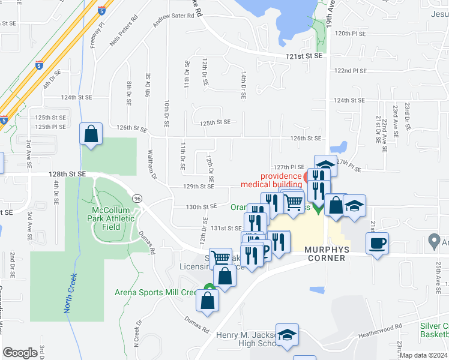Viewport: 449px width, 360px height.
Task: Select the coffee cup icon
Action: click(377, 244)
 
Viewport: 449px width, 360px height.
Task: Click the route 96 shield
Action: click(138, 198)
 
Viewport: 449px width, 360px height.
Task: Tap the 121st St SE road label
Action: click(304, 56)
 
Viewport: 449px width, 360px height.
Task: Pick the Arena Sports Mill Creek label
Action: click(155, 293)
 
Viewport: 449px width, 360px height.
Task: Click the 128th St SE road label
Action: click(67, 173)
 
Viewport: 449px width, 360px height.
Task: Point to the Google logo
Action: click(20, 353)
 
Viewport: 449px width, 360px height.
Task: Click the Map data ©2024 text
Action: click(424, 355)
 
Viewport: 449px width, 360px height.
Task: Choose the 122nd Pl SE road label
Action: click(350, 70)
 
